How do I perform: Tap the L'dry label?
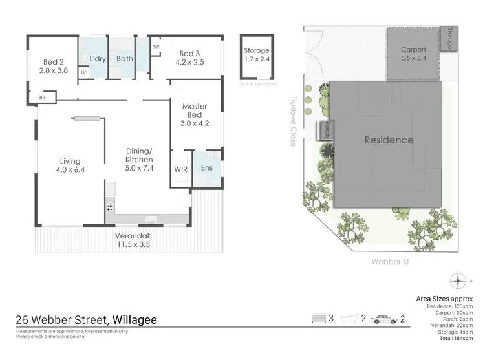pos(98,59)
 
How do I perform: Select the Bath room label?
pos(125,59)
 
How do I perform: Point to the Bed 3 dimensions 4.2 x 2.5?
pos(192,63)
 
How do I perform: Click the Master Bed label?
pos(194,111)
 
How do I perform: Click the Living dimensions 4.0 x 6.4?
pos(70,171)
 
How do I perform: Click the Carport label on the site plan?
pos(413,49)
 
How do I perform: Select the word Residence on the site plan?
pos(389,140)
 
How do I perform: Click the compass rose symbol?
pos(460,282)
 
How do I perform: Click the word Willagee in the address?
pos(135,319)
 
